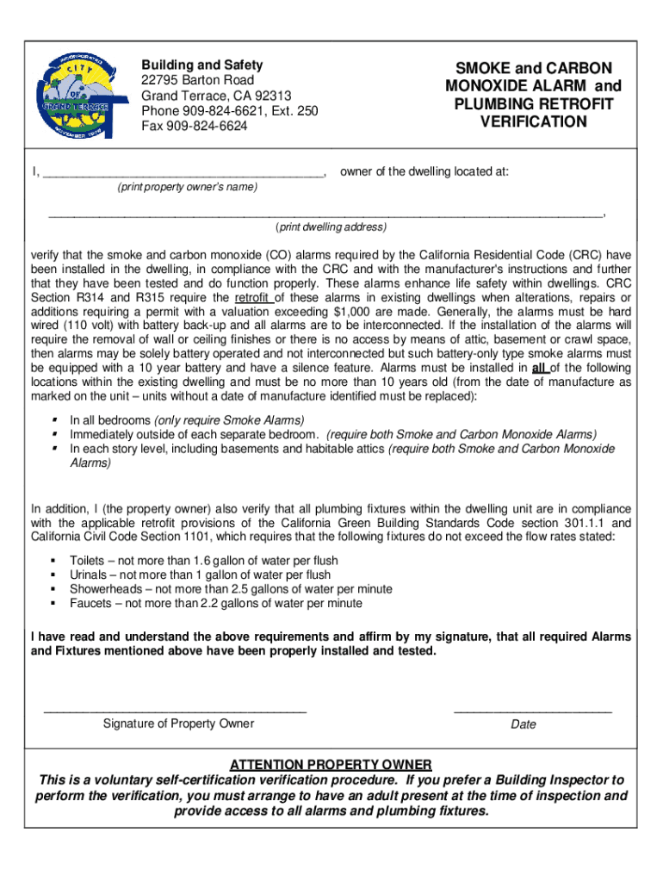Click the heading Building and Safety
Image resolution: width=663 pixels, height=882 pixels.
(x=202, y=65)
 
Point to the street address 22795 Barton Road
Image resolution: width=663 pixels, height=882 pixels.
(x=198, y=80)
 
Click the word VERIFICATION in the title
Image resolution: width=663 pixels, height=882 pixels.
(x=533, y=122)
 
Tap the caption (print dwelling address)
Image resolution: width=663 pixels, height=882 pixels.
(x=331, y=228)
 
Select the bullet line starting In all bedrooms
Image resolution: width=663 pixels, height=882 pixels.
(x=187, y=420)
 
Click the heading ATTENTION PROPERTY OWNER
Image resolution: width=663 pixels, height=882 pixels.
(x=331, y=765)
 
